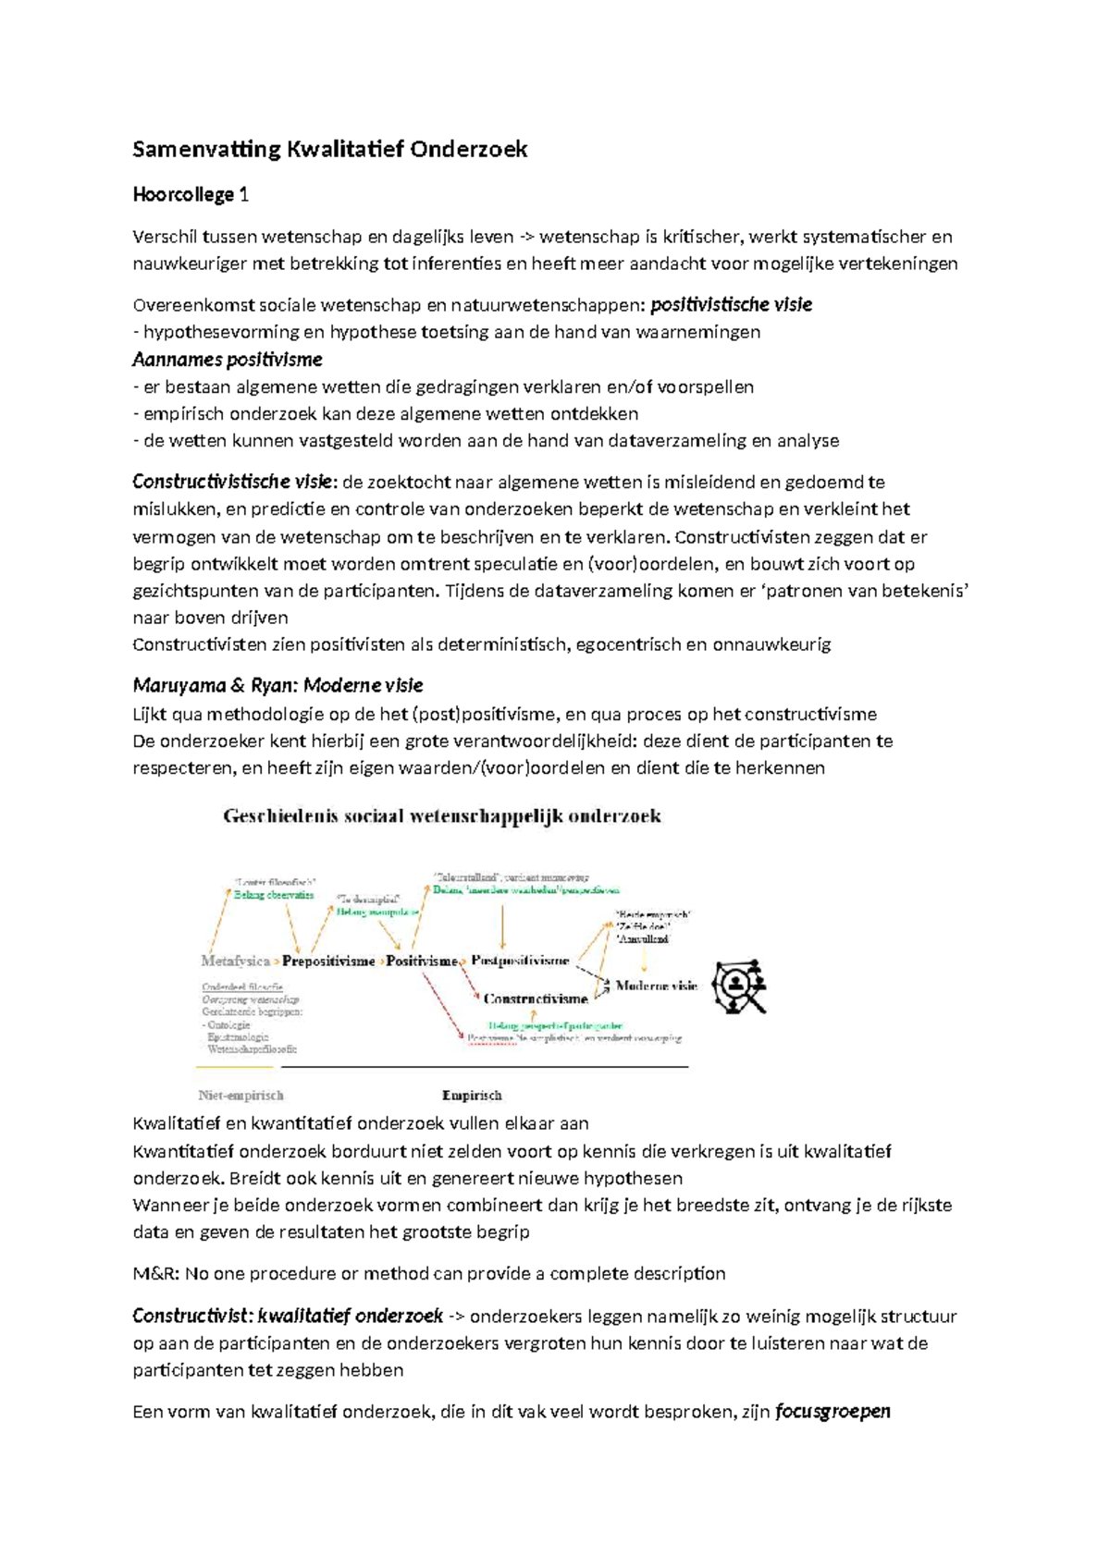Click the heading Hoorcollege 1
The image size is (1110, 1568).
click(190, 195)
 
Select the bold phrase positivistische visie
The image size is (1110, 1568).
click(731, 305)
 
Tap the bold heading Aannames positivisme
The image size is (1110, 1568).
click(228, 360)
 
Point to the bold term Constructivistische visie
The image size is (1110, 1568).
click(232, 482)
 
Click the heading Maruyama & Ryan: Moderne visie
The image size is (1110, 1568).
click(277, 686)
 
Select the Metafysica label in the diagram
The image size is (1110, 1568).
click(235, 961)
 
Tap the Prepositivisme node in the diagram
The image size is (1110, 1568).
click(328, 961)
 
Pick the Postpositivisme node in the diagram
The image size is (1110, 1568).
click(520, 961)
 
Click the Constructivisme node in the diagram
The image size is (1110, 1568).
click(536, 998)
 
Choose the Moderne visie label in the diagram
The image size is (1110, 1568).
click(656, 986)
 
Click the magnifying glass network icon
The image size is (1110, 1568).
click(740, 986)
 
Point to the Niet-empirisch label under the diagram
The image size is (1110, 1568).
click(240, 1096)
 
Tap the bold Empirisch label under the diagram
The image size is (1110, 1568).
click(472, 1096)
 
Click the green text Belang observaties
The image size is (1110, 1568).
click(274, 895)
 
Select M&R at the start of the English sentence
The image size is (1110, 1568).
click(155, 1274)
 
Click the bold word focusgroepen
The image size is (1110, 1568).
click(832, 1412)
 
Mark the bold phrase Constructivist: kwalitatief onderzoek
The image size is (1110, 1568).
click(287, 1317)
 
